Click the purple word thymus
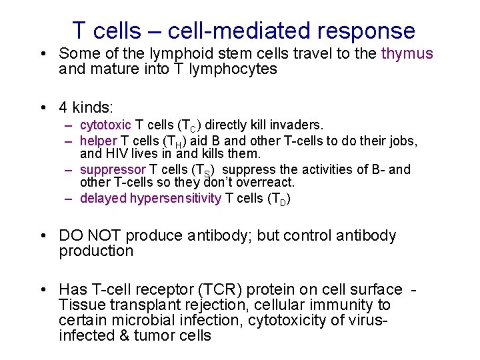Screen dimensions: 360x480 pyautogui.click(x=407, y=54)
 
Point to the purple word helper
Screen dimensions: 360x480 pyautogui.click(x=97, y=141)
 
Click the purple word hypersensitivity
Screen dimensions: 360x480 pyautogui.click(x=176, y=198)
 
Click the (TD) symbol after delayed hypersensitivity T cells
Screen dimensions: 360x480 pyautogui.click(x=279, y=199)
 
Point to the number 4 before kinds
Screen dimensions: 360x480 pyautogui.click(x=63, y=107)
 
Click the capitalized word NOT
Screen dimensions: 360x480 pyautogui.click(x=103, y=236)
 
